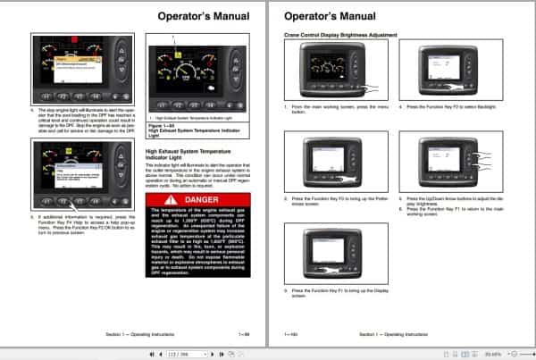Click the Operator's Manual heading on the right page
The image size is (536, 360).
pyautogui.click(x=322, y=16)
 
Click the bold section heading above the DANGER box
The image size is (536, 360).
pyautogui.click(x=183, y=155)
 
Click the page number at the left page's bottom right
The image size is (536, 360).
pyautogui.click(x=242, y=333)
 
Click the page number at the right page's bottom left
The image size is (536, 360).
pyautogui.click(x=290, y=333)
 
